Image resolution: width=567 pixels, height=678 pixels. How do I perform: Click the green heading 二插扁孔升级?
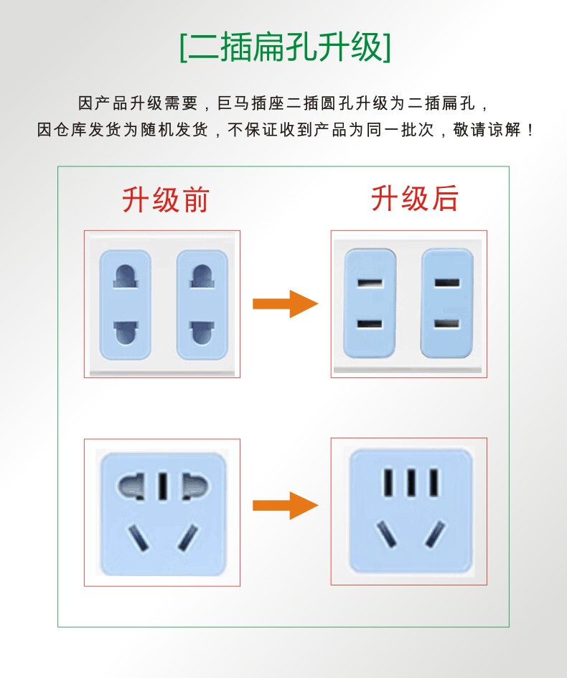pos(285,48)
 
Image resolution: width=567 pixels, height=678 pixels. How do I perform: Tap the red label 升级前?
pos(165,199)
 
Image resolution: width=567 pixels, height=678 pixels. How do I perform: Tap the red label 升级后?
pos(414,198)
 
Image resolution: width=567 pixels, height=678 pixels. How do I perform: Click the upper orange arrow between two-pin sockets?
pos(285,303)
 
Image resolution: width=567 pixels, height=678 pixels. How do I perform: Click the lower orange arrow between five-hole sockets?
pos(285,505)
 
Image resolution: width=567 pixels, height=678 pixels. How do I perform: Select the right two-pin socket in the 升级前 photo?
pos(202,304)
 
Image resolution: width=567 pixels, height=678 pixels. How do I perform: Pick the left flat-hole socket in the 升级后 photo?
pos(370,302)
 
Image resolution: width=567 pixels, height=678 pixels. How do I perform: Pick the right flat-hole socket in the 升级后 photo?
pos(446,302)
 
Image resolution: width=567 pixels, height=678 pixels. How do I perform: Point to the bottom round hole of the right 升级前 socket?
pos(202,332)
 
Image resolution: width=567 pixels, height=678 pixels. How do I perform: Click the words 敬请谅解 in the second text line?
pos(488,131)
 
